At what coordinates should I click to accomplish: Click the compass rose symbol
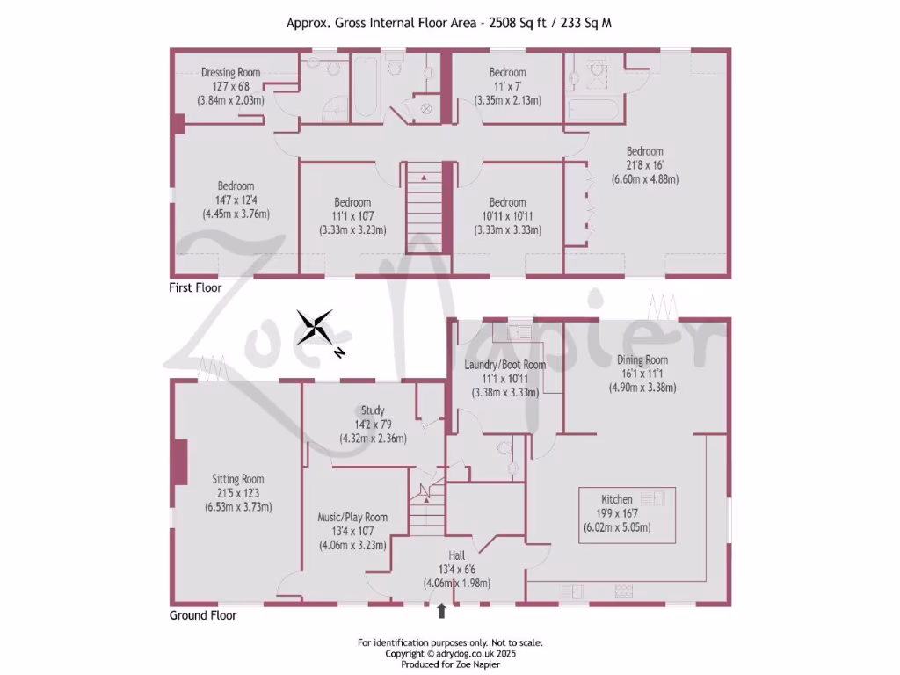tap(315, 327)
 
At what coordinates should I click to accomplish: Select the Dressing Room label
tap(230, 72)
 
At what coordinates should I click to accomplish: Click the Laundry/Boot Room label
tap(505, 365)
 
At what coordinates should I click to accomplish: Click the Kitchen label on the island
tap(616, 499)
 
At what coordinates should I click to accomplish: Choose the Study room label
tap(373, 410)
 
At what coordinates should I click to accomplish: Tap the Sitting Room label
tap(237, 479)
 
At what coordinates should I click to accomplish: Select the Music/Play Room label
tap(352, 517)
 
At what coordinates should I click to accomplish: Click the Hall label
tap(456, 555)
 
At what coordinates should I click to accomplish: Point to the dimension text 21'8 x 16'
tap(644, 165)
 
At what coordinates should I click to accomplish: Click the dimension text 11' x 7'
tap(507, 86)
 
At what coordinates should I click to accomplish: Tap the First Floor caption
tap(195, 287)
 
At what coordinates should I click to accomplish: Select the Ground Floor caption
tap(202, 615)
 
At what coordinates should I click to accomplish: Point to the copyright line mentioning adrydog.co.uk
tap(450, 654)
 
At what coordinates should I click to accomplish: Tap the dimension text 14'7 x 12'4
tap(236, 200)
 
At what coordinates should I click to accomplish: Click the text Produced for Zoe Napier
tap(450, 664)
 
